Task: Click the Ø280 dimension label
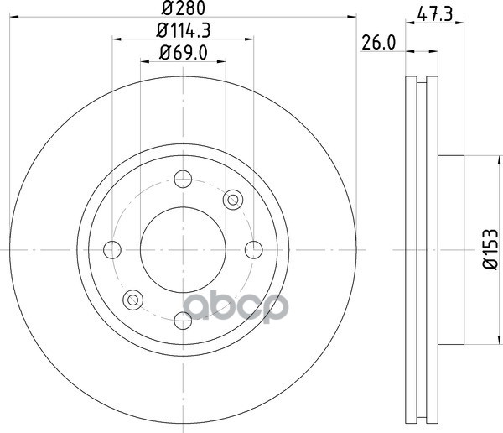183,8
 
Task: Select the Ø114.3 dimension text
183,31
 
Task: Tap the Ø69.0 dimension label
184,53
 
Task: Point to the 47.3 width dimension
435,14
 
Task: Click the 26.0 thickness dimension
379,43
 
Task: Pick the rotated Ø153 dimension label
490,249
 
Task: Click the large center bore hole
183,249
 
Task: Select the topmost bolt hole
183,179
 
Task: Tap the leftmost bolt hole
112,249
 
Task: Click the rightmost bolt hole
254,249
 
